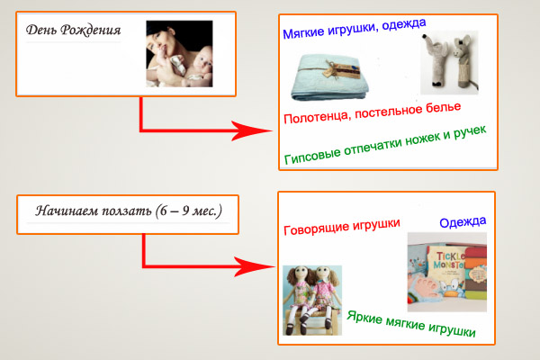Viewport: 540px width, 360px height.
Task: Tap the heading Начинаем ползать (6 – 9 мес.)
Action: click(129, 211)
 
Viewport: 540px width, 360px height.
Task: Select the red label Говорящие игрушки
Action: click(341, 228)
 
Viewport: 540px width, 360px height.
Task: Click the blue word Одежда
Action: click(463, 220)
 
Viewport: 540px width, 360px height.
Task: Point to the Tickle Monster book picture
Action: click(446, 265)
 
